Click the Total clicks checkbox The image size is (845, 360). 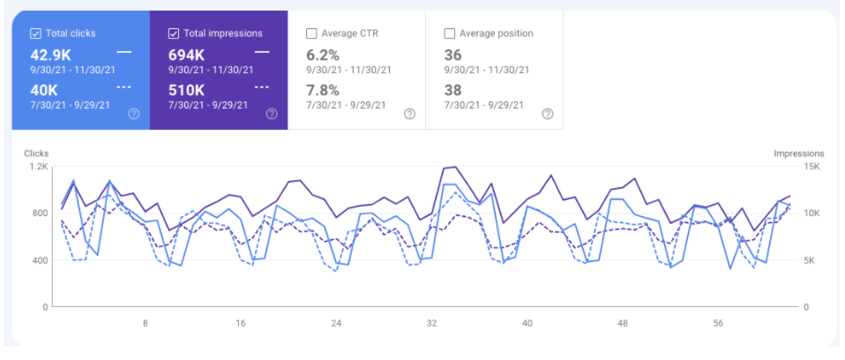click(x=35, y=34)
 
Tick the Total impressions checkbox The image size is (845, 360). click(x=174, y=34)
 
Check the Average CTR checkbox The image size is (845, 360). click(x=311, y=34)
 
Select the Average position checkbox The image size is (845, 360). click(x=450, y=34)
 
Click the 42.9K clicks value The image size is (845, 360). click(x=50, y=54)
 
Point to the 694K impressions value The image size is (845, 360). click(x=187, y=54)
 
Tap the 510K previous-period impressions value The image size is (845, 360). click(x=187, y=89)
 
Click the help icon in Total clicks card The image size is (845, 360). click(x=133, y=113)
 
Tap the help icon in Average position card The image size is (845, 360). click(x=547, y=113)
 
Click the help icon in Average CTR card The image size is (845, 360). click(x=409, y=113)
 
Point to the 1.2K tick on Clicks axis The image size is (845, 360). click(x=38, y=166)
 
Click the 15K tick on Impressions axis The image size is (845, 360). click(x=811, y=166)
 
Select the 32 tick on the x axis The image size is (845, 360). click(x=431, y=324)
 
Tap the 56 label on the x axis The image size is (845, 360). click(x=718, y=324)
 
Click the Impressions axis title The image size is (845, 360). click(x=798, y=153)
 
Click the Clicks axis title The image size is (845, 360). click(x=36, y=153)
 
